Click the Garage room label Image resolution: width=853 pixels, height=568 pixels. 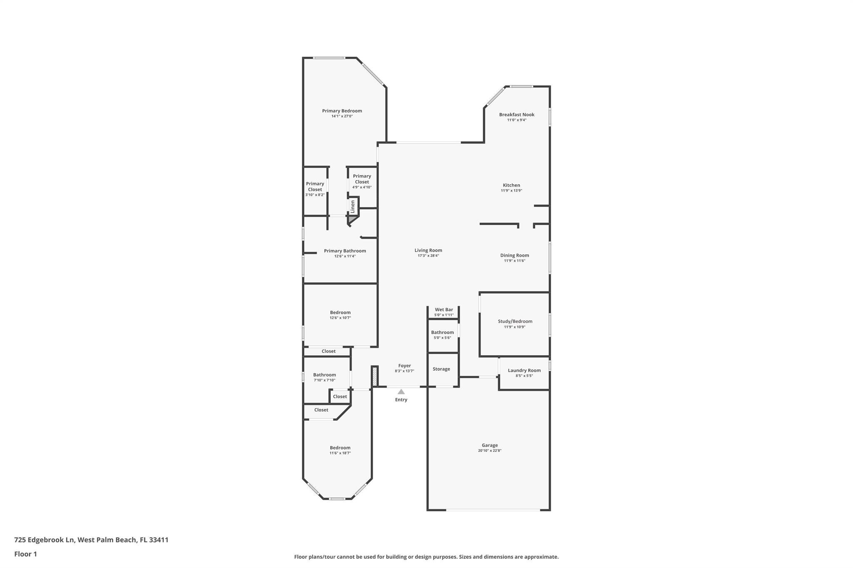coord(489,445)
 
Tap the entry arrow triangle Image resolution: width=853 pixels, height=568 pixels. coord(401,392)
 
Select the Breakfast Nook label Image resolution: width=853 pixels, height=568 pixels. coord(517,114)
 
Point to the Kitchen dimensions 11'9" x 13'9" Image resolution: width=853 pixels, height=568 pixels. coord(511,191)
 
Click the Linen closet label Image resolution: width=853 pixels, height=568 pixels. coord(353,206)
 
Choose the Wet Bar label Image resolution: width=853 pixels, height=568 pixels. coord(444,310)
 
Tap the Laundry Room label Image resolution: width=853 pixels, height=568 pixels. coord(524,370)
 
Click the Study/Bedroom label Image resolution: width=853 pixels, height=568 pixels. coord(515,321)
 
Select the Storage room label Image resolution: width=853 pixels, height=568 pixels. coord(441,369)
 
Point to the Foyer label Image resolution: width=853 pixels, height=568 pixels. coord(404,366)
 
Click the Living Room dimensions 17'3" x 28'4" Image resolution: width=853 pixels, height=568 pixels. coord(428,256)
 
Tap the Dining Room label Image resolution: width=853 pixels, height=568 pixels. coord(515,255)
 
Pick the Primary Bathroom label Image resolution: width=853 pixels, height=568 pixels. coord(345,251)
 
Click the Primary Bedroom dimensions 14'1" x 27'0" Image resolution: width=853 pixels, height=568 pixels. coord(342,116)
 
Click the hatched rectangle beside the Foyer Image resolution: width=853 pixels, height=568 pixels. coord(374,376)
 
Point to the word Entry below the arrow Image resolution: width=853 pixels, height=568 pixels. coord(401,400)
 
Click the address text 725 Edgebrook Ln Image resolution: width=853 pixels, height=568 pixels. coord(45,540)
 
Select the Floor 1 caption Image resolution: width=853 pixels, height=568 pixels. coord(25,554)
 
